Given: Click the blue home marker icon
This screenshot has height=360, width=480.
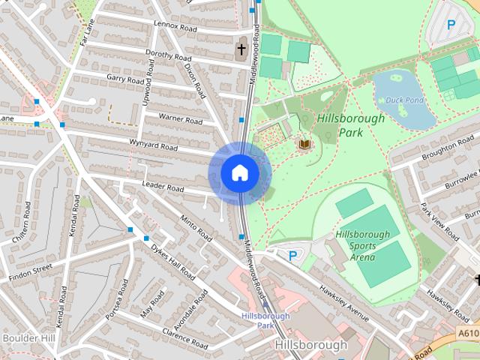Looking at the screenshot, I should (x=240, y=173).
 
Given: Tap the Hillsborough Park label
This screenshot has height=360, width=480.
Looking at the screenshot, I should (x=350, y=125).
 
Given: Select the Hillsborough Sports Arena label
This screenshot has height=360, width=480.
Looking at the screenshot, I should (x=363, y=245).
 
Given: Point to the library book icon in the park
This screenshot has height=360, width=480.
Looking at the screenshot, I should (x=304, y=143).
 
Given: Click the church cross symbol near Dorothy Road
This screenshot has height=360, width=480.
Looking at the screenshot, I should (x=241, y=50).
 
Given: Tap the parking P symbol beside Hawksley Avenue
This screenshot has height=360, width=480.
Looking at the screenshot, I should (x=292, y=256).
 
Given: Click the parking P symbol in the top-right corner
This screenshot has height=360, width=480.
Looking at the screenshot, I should (x=451, y=25).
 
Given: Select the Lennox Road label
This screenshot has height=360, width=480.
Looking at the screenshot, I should (x=175, y=25).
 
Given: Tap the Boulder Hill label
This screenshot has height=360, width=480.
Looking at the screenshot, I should (x=28, y=338).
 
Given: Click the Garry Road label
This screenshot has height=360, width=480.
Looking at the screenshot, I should (x=125, y=79).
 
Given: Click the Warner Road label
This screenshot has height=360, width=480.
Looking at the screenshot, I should (x=180, y=119).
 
